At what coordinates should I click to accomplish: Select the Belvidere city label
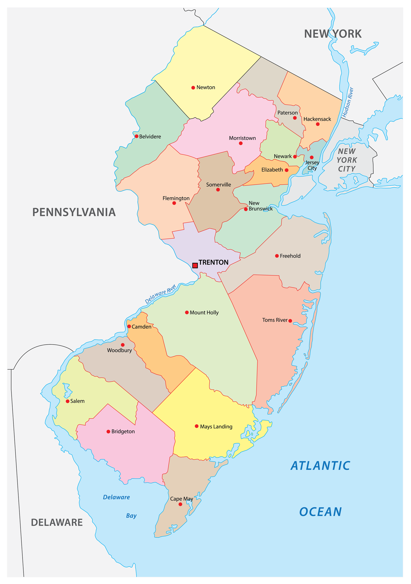[x=150, y=137]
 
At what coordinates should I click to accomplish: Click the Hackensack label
[x=317, y=119]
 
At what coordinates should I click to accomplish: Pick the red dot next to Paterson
[x=295, y=118]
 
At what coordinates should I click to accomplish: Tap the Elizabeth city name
[x=272, y=170]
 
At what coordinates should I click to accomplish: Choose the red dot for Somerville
[x=218, y=190]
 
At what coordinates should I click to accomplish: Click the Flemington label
[x=176, y=198]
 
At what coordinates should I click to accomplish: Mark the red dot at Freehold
[x=277, y=256]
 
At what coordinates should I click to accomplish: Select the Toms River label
[x=275, y=320]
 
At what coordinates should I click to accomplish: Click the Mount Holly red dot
[x=187, y=313]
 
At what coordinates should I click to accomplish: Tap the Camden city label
[x=141, y=327]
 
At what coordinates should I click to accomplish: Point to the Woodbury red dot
[x=123, y=345]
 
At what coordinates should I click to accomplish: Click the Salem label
[x=77, y=401]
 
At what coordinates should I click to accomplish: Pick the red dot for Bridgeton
[x=108, y=432]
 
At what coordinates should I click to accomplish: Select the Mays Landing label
[x=216, y=427]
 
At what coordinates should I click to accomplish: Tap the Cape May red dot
[x=180, y=504]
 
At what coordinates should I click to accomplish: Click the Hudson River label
[x=348, y=102]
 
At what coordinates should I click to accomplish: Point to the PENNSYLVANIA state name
[x=74, y=212]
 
